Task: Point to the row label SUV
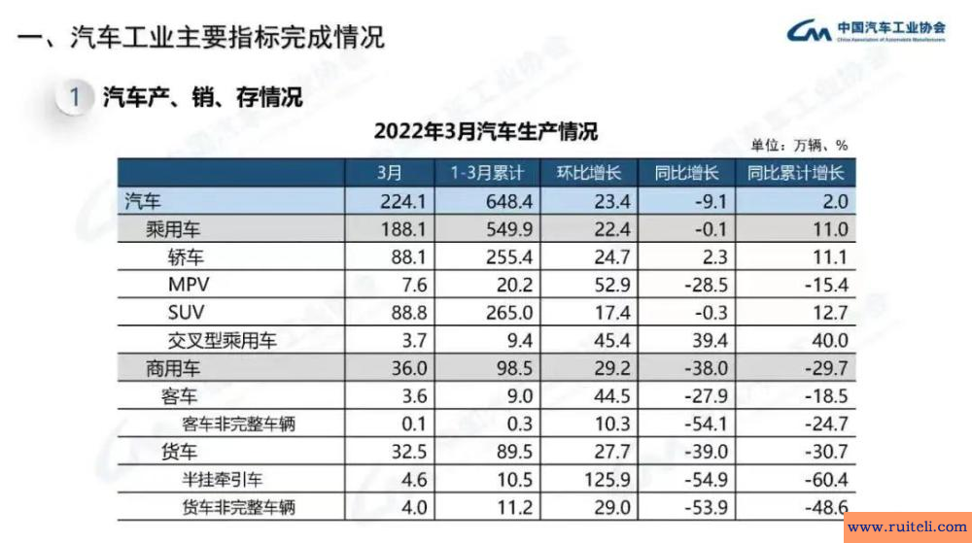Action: [x=186, y=313]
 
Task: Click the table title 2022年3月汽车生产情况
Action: [x=485, y=130]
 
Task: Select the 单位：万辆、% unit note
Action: [x=799, y=145]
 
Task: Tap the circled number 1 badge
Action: [x=74, y=97]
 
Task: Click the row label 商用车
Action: [x=152, y=368]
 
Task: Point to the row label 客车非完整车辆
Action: [x=238, y=424]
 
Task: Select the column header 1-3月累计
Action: [x=487, y=174]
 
